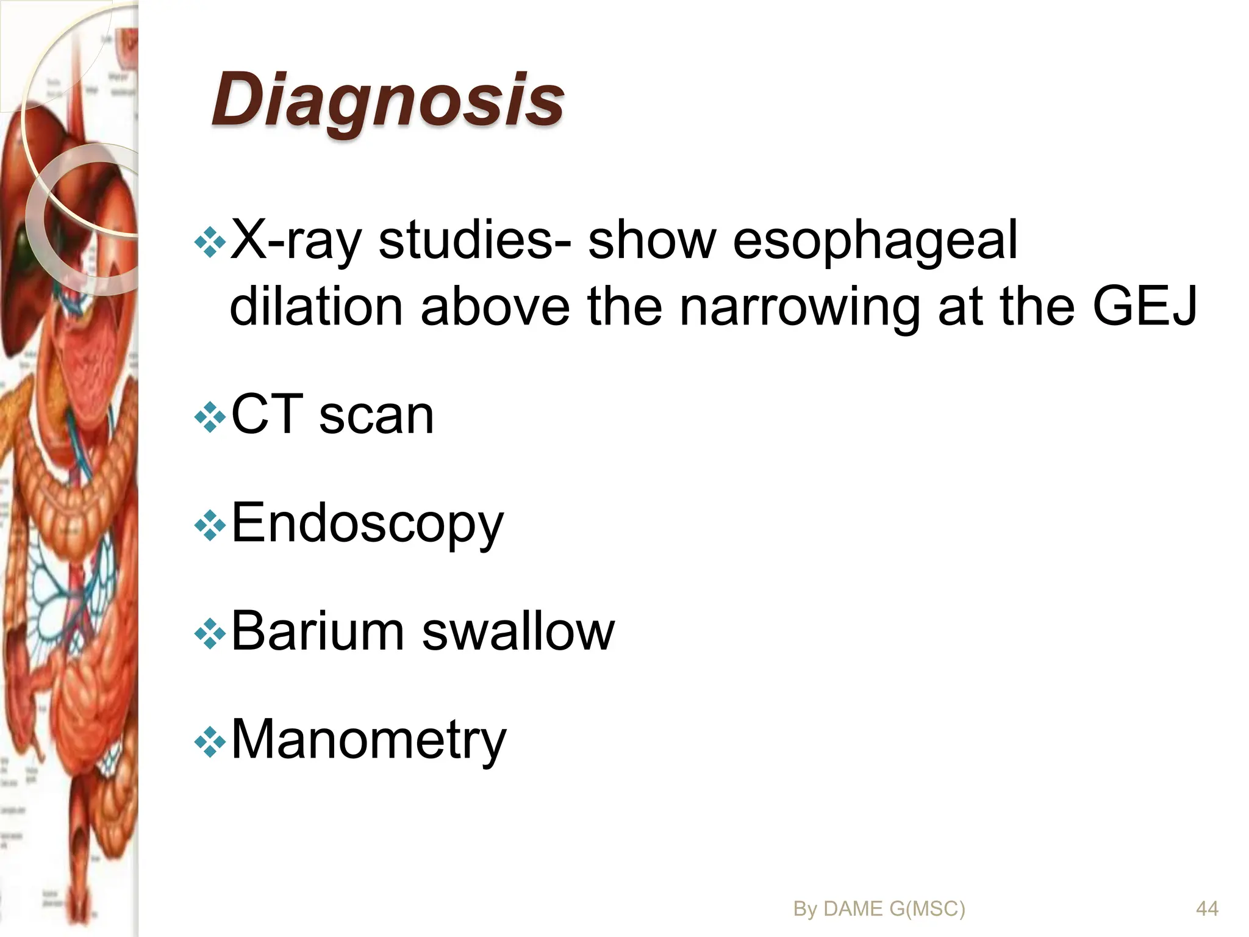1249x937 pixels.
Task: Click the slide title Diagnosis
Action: tap(387, 101)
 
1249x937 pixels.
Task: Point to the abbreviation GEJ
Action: tap(1145, 306)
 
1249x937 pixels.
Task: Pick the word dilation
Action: tap(315, 306)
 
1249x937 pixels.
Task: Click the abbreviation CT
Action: tap(267, 415)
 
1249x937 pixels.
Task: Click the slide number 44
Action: tap(1207, 909)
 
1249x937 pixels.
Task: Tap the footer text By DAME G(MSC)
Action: tap(879, 909)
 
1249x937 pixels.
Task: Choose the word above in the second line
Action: tap(495, 306)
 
